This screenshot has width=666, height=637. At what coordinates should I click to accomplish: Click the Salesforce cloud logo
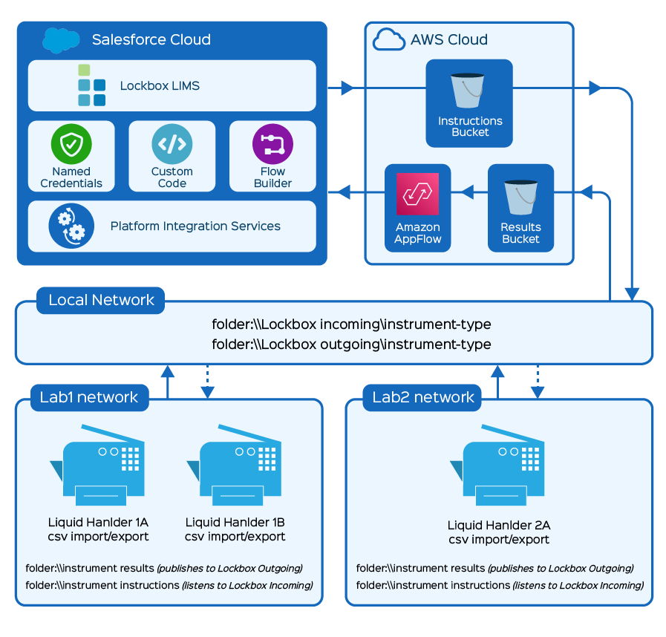(x=62, y=39)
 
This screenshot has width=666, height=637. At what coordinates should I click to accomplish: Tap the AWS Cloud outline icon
(x=389, y=39)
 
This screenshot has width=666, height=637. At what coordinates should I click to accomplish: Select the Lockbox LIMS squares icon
(x=92, y=85)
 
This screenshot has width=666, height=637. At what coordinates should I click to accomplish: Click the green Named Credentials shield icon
(x=71, y=143)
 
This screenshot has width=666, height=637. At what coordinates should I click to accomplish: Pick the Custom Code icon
(x=172, y=143)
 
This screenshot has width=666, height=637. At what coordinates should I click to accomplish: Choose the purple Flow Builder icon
(x=272, y=143)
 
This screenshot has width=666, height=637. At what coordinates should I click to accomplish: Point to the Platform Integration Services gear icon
(x=71, y=226)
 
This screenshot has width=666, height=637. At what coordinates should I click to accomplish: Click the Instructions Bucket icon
(x=469, y=90)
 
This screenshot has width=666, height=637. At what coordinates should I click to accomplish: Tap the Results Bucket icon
(x=520, y=196)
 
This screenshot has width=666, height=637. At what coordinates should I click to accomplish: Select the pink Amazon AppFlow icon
(x=417, y=195)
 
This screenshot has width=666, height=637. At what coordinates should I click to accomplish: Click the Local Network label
(x=101, y=301)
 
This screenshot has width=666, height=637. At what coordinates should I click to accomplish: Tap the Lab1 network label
(x=88, y=397)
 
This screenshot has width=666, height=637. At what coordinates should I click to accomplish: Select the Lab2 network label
(x=423, y=397)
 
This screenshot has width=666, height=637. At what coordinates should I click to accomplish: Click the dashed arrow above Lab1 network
(x=208, y=380)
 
